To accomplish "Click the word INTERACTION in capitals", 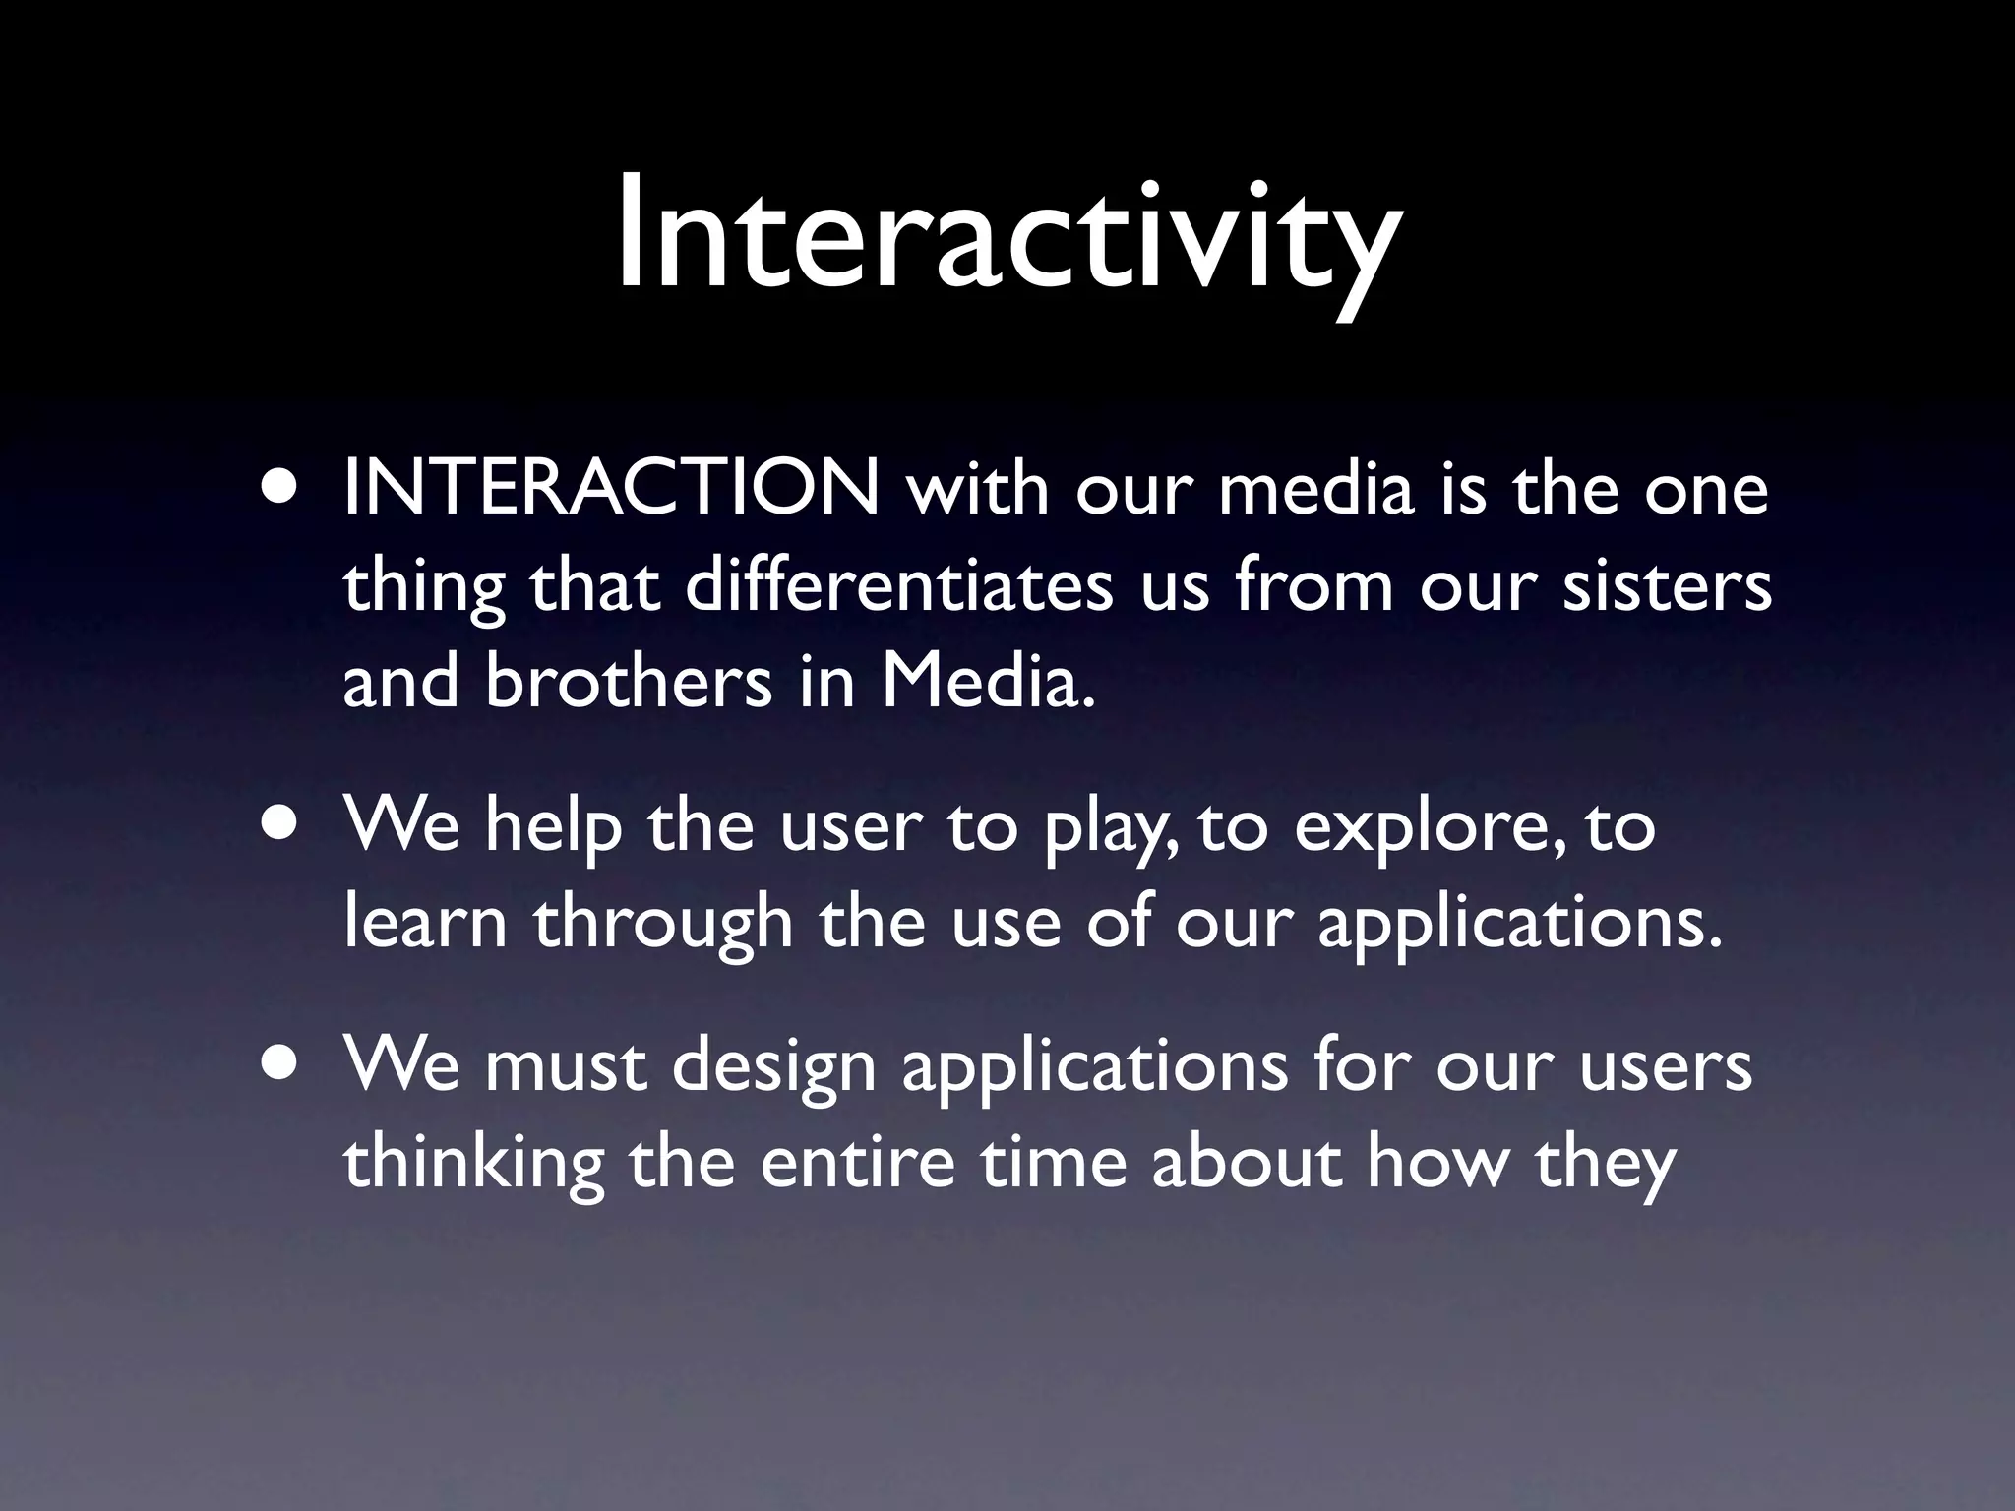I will (611, 489).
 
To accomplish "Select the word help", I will (554, 826).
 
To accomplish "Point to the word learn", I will (425, 922).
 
